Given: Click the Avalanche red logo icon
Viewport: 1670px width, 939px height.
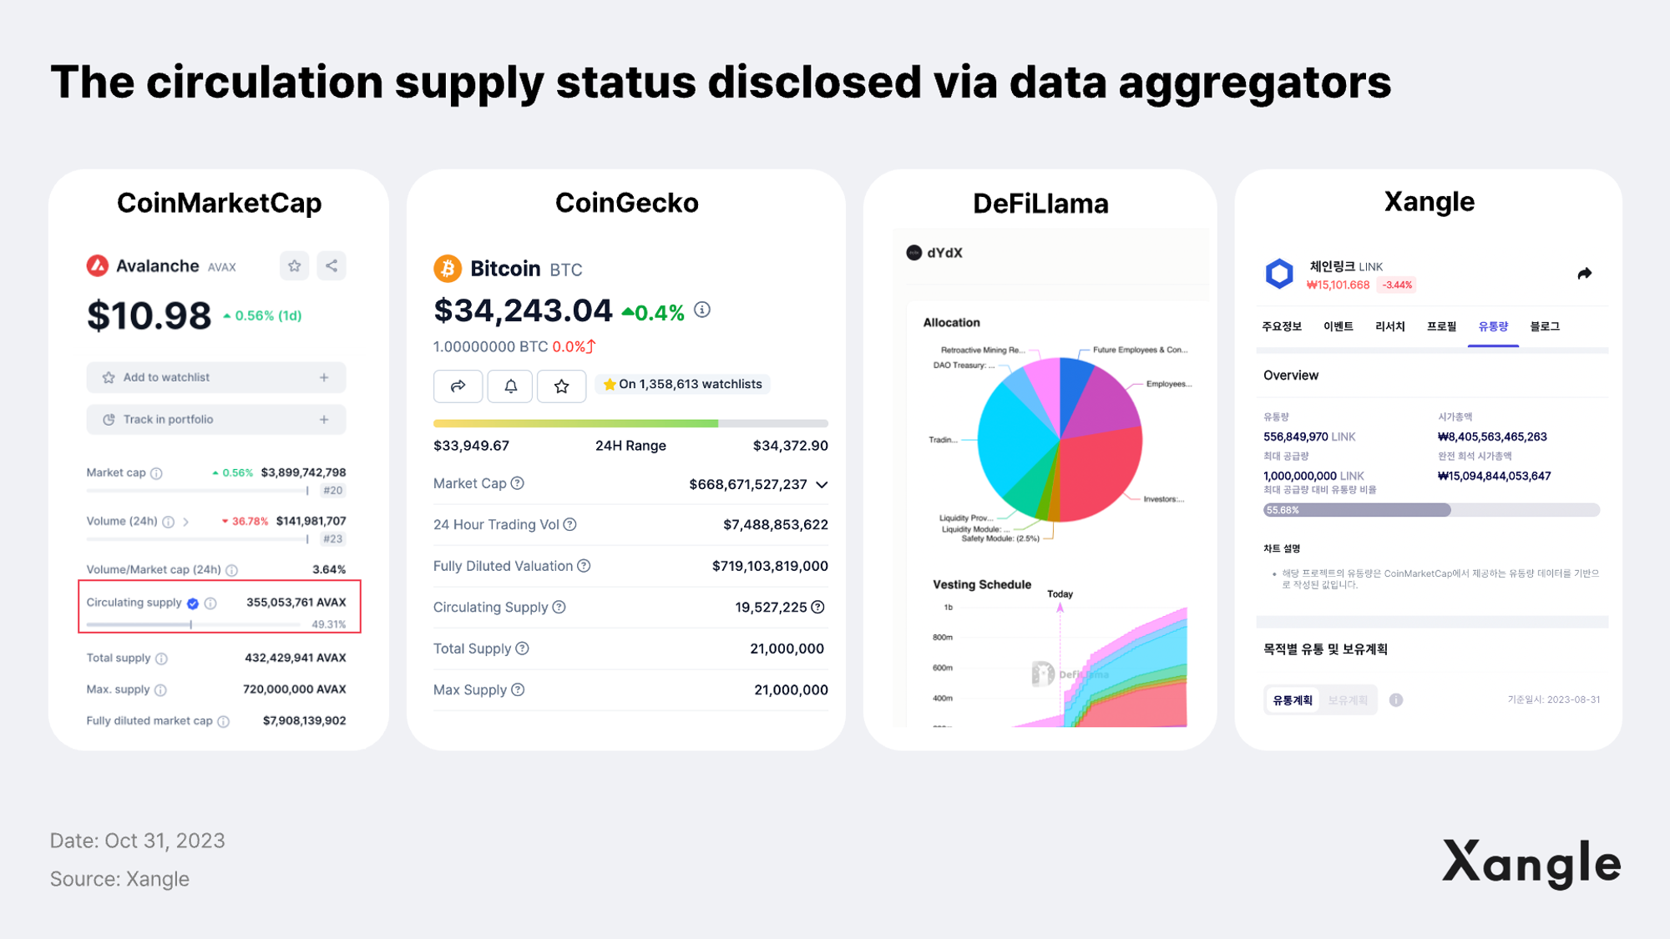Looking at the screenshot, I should [x=98, y=265].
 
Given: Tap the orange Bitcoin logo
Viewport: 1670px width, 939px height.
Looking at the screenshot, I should [x=448, y=269].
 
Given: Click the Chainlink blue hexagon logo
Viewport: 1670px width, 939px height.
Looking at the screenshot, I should [x=1279, y=274].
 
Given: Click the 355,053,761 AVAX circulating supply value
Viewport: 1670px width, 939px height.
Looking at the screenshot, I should [x=296, y=603].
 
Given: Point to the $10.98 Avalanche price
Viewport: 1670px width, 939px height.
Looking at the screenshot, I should [x=149, y=316].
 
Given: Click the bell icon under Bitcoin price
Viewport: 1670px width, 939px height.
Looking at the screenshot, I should [x=510, y=386].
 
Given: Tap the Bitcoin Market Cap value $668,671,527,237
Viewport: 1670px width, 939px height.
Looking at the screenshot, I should [x=747, y=485].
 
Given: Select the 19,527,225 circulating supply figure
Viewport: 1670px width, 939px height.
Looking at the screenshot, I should [x=771, y=608].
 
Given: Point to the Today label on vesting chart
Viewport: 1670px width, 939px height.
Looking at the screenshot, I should [x=1060, y=594].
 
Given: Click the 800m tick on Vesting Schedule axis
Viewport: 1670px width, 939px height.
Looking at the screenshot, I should [x=943, y=638].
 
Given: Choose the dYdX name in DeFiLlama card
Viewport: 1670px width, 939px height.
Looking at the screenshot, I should [x=944, y=253].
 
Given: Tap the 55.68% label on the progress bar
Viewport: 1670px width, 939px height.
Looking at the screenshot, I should [x=1283, y=510].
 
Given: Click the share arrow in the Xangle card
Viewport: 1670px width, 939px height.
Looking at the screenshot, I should [x=1584, y=274].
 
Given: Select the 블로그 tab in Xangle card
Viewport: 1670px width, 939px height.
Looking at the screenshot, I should [x=1545, y=326].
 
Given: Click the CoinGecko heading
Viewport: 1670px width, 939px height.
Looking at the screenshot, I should [x=626, y=203].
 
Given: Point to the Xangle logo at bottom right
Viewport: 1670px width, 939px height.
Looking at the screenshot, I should [x=1531, y=863].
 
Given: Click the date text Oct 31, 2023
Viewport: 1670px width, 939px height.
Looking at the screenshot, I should [x=164, y=841].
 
